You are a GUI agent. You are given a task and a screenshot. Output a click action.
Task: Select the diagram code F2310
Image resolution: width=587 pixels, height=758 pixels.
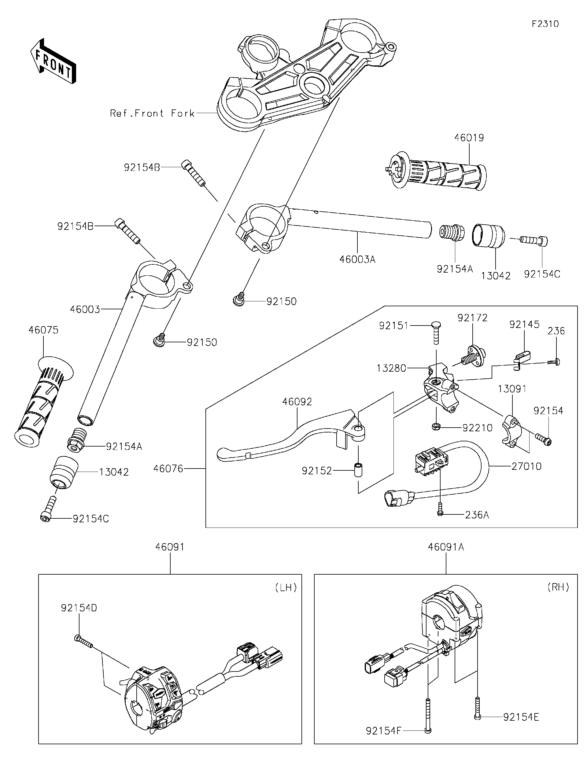click(545, 24)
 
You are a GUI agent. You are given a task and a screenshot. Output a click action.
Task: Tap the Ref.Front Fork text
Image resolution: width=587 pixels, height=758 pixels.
click(152, 113)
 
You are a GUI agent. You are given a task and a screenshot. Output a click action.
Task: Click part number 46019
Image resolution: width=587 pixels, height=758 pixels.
click(469, 138)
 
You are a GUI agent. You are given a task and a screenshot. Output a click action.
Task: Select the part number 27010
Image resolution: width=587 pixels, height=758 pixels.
click(526, 466)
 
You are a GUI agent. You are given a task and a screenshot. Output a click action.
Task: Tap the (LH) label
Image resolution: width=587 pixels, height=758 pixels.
click(286, 587)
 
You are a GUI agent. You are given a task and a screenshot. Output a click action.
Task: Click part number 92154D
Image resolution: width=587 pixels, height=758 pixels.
click(79, 608)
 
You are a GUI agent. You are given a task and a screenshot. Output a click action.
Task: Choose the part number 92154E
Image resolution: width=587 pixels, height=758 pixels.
click(521, 717)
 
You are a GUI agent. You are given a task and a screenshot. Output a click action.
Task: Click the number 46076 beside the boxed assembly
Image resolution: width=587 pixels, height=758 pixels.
click(168, 469)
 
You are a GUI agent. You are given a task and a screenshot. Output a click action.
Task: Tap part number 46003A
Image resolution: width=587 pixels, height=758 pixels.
click(357, 259)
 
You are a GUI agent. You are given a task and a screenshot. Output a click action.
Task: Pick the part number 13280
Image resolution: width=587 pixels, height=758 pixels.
click(391, 368)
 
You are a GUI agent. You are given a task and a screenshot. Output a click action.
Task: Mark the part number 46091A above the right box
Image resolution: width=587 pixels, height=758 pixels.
click(446, 547)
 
